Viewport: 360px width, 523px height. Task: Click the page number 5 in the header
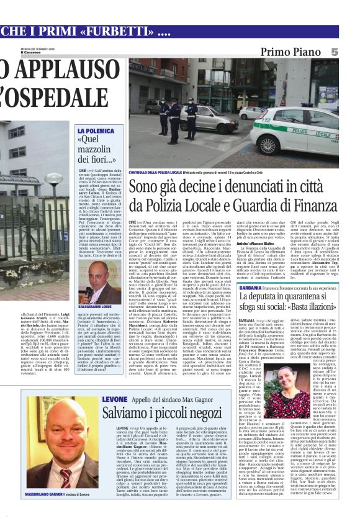[352, 53]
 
